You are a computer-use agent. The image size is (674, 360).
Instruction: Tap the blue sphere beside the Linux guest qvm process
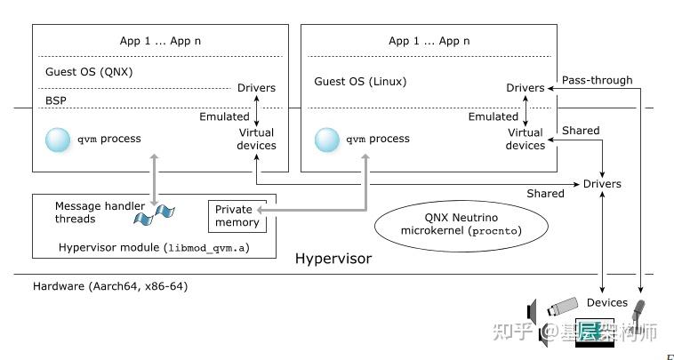[327, 140]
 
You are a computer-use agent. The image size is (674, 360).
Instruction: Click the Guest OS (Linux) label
[359, 82]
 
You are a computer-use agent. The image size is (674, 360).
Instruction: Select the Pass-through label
[597, 80]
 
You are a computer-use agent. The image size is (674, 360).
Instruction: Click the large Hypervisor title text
[333, 260]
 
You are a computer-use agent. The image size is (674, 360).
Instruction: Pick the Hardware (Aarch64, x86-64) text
[109, 286]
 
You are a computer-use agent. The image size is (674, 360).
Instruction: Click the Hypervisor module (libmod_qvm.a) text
[153, 247]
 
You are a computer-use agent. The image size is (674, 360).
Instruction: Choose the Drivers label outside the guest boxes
[602, 184]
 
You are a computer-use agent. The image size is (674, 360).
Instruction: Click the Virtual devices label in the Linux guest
[525, 139]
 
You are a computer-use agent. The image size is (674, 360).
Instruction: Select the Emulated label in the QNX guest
[224, 116]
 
